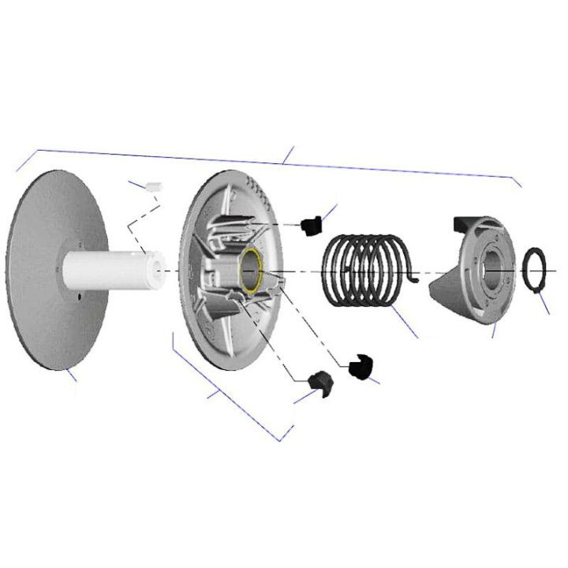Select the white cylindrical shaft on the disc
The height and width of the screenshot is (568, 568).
click(x=110, y=268)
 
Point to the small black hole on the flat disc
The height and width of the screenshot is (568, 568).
click(x=82, y=297)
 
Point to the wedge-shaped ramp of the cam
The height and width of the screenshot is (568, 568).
click(x=447, y=296)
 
